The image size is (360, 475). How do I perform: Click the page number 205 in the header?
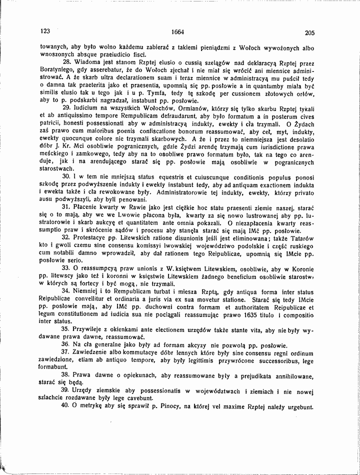click(308, 33)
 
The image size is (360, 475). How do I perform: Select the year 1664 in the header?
click(177, 32)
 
